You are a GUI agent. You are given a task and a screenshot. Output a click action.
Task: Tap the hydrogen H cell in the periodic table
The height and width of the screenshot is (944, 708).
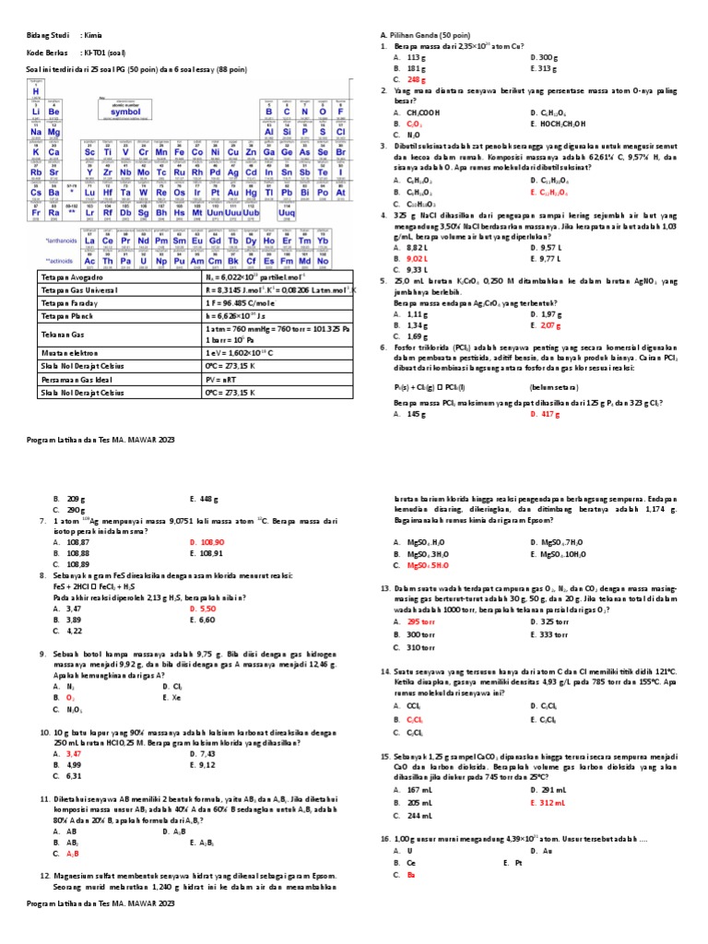[x=36, y=90]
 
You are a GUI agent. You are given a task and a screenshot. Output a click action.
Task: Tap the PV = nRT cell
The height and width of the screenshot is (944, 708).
[x=224, y=379]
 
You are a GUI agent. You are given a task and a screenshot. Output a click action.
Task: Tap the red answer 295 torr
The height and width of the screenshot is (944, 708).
[x=420, y=621]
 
